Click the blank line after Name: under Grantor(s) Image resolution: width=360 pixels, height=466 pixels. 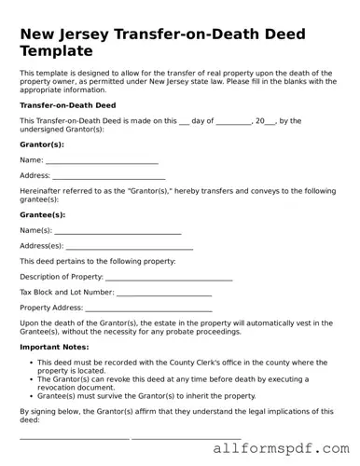pyautogui.click(x=102, y=162)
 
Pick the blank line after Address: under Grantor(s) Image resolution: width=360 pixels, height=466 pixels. pyautogui.click(x=108, y=177)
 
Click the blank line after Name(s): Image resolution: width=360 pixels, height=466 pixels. pyautogui.click(x=118, y=231)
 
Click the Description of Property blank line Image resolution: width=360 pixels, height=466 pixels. pyautogui.click(x=169, y=278)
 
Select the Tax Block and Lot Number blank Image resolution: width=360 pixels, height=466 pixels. pyautogui.click(x=164, y=293)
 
